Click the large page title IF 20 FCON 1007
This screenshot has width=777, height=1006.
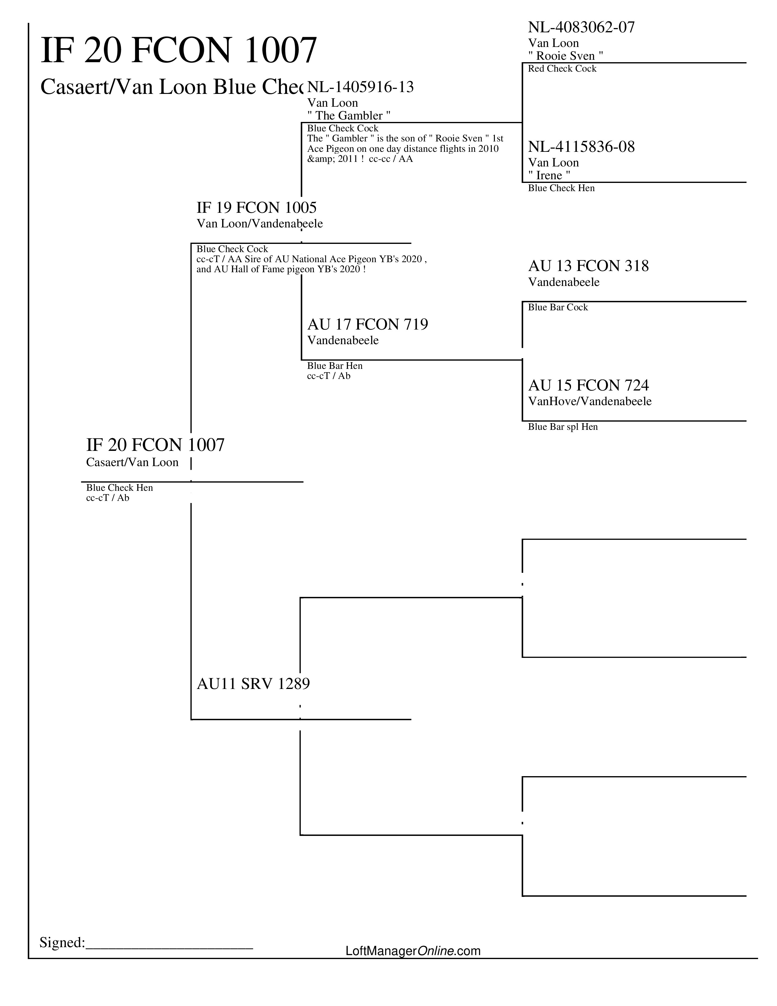[x=179, y=50]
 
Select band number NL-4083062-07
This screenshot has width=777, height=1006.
[x=581, y=28]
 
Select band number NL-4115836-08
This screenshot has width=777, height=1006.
[x=581, y=147]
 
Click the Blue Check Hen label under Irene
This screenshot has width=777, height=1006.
[x=561, y=188]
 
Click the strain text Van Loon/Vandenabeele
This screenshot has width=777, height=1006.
[x=260, y=224]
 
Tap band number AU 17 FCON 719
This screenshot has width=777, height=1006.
[x=367, y=325]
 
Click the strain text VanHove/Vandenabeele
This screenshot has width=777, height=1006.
[x=589, y=401]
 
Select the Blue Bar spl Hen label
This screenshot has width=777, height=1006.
[x=562, y=427]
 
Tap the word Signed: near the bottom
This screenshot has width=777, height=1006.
[x=62, y=942]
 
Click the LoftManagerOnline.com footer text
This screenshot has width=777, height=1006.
[x=413, y=951]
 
